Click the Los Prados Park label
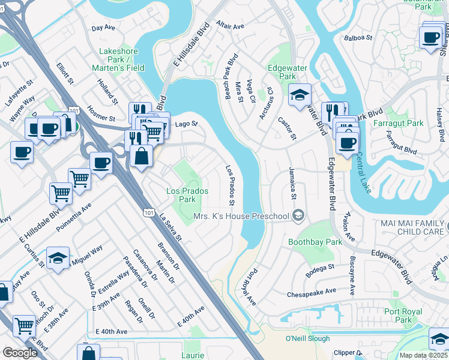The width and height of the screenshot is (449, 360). click(187, 195)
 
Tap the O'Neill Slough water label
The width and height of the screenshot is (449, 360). click(307, 338)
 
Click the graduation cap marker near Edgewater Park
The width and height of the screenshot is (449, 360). click(300, 95)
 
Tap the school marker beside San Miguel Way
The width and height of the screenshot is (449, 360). click(58, 258)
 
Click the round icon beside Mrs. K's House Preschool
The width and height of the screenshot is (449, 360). click(298, 216)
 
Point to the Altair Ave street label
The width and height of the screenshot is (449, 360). click(231, 26)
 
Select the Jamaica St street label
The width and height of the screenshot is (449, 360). click(294, 183)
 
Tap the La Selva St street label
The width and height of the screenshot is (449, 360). click(170, 232)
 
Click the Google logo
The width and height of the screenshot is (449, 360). click(20, 353)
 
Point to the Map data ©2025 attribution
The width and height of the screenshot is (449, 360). click(423, 355)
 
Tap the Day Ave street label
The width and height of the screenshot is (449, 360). click(103, 28)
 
